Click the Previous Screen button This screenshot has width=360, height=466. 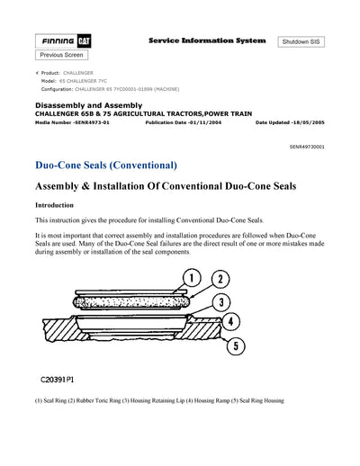point(63,56)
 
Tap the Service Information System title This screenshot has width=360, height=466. point(206,41)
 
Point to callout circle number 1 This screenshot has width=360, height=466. point(190,278)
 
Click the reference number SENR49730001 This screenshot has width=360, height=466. point(307,146)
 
